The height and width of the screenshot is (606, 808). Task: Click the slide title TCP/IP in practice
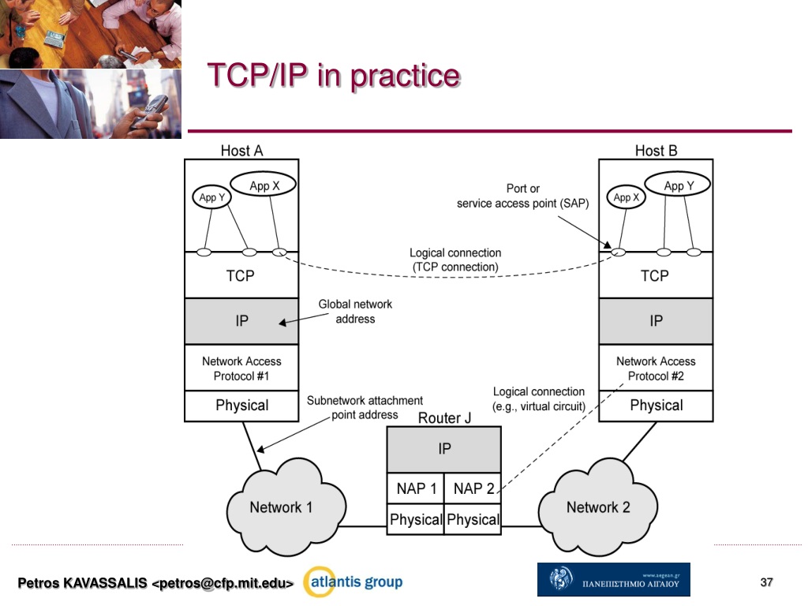333,77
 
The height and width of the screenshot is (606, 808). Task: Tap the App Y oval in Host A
209,197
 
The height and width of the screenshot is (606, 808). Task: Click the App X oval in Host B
624,197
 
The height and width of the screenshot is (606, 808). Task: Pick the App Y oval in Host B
677,186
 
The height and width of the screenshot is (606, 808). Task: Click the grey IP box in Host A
241,321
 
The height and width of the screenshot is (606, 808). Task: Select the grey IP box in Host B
656,321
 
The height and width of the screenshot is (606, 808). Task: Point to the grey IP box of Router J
444,449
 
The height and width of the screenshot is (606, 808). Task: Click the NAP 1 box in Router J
416,489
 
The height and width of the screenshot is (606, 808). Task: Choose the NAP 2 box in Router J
473,489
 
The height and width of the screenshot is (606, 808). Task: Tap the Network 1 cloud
282,507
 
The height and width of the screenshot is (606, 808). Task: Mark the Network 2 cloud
598,507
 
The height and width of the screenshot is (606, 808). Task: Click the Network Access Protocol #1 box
241,368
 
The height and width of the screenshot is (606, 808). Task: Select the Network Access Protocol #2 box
656,368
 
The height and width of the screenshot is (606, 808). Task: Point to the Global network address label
355,312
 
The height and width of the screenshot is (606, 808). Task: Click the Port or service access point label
522,196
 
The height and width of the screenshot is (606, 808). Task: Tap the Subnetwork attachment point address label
365,407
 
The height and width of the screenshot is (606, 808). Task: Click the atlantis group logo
354,582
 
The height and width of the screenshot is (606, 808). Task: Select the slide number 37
766,582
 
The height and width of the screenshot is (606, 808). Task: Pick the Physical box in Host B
656,406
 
